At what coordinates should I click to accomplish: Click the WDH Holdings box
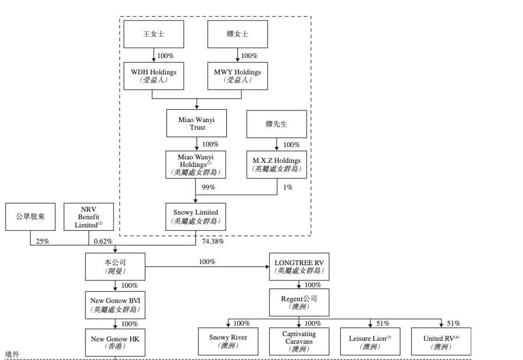(x=154, y=76)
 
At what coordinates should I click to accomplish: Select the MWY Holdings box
(x=237, y=76)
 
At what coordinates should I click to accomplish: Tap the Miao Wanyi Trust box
(x=197, y=123)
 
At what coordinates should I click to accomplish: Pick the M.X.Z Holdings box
(x=276, y=165)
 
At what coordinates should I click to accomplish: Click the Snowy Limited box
(x=195, y=216)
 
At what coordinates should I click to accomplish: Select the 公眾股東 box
(x=30, y=216)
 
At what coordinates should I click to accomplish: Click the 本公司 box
(x=115, y=266)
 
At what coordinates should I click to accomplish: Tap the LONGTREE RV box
(x=298, y=266)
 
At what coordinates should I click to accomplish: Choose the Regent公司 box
(x=298, y=302)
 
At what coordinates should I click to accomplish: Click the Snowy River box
(x=227, y=341)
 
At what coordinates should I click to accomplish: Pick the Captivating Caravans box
(x=298, y=341)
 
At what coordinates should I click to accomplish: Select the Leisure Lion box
(x=370, y=341)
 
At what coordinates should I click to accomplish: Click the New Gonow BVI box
(x=115, y=305)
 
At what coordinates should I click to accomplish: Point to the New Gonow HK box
(x=115, y=343)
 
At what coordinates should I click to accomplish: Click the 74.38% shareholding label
(x=213, y=241)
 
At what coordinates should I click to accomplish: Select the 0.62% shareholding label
(x=102, y=241)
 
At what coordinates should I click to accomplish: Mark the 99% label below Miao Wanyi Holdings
(x=208, y=187)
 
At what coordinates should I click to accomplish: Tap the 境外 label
(x=12, y=354)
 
